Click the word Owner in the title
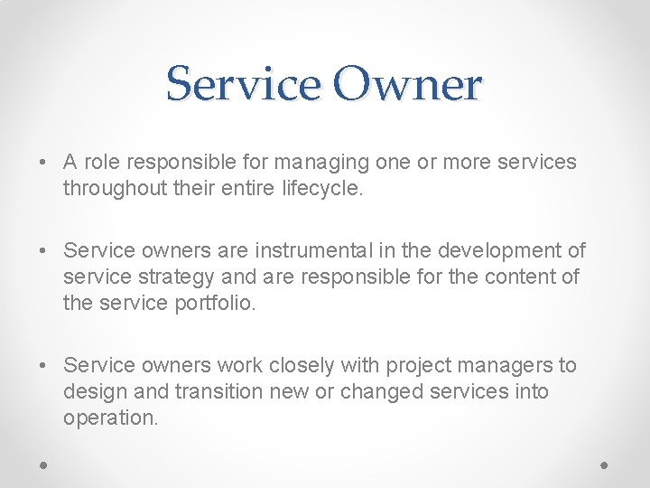click(407, 84)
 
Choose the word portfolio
click(214, 303)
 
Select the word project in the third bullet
click(421, 365)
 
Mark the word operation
click(110, 418)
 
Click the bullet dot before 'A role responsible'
click(43, 164)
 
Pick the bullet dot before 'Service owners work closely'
click(43, 366)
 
